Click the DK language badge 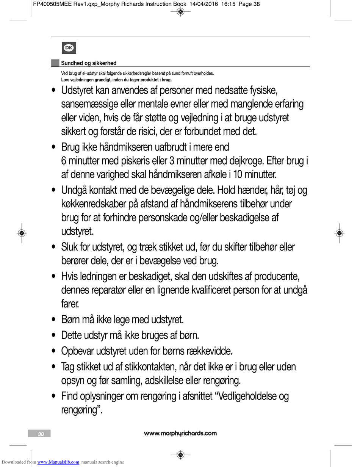pos(69,48)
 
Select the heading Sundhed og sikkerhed pos(89,63)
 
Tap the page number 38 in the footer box pos(41,434)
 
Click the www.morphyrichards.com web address pos(180,433)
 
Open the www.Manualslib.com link pos(58,462)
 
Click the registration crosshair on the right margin pos(339,233)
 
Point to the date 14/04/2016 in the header pos(203,4)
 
